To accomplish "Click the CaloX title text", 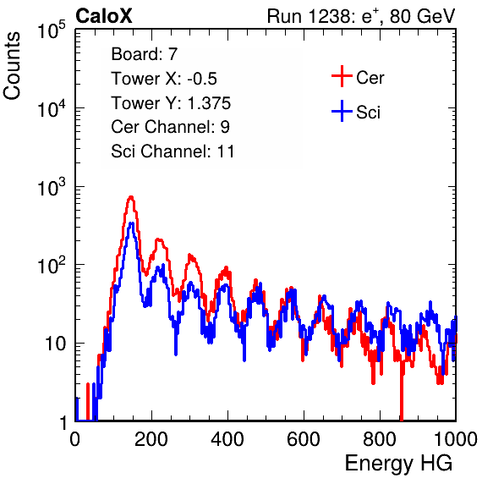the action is click(x=104, y=16).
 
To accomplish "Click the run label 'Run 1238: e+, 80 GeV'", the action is click(x=361, y=16).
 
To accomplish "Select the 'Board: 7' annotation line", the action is click(x=144, y=53).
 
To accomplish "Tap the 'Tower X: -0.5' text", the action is click(x=164, y=79).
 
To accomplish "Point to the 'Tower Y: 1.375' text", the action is click(x=171, y=103).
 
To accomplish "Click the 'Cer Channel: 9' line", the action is click(x=170, y=127).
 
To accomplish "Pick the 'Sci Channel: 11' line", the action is click(x=173, y=151).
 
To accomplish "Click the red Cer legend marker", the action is click(x=342, y=76).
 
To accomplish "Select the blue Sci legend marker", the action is click(x=342, y=112).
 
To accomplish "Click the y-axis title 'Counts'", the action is click(x=12, y=66).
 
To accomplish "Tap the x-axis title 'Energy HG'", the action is click(x=398, y=463).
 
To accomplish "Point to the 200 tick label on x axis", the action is click(x=151, y=439).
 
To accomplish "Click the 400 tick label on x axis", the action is click(x=227, y=439).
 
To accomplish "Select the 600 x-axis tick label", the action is click(x=304, y=439).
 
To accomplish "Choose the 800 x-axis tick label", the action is click(x=380, y=439).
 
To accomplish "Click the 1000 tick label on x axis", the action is click(x=456, y=439).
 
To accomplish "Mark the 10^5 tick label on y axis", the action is click(x=52, y=30).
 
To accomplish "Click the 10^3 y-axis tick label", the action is click(x=52, y=188).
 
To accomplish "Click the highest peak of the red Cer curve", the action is click(x=131, y=196).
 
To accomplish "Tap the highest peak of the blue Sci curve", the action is click(x=131, y=223).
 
